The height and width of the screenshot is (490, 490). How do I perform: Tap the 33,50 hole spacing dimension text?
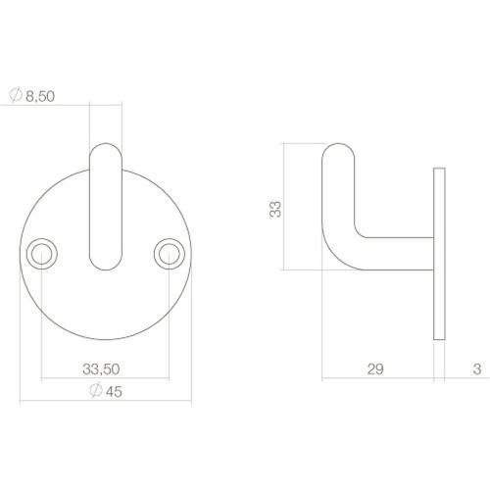pyautogui.click(x=103, y=369)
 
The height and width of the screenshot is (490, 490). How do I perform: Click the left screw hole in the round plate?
pyautogui.click(x=41, y=254)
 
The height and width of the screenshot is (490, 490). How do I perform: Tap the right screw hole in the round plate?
pyautogui.click(x=167, y=254)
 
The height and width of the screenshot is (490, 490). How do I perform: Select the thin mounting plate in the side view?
pyautogui.click(x=438, y=255)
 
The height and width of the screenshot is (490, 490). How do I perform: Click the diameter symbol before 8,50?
pyautogui.click(x=15, y=96)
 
